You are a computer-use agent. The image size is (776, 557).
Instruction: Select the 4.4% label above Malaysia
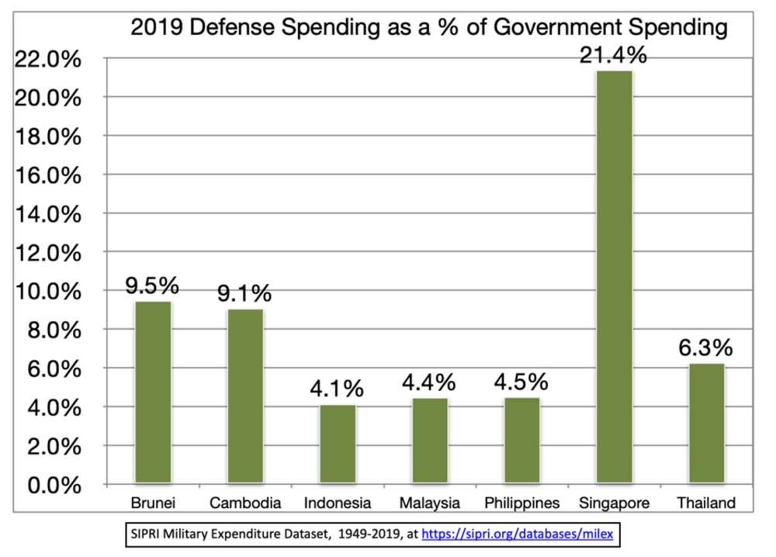click(430, 382)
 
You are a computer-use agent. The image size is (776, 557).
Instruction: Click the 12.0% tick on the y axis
click(49, 253)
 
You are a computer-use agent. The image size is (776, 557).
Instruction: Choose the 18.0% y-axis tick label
click(49, 137)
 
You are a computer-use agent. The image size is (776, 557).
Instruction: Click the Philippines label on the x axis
click(521, 503)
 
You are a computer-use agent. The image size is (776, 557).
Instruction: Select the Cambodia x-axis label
click(245, 503)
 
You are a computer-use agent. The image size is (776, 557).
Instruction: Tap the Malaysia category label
click(430, 503)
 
